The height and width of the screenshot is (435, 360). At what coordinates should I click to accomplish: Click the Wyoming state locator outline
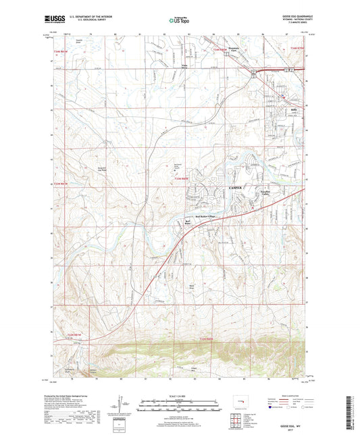point(240,407)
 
